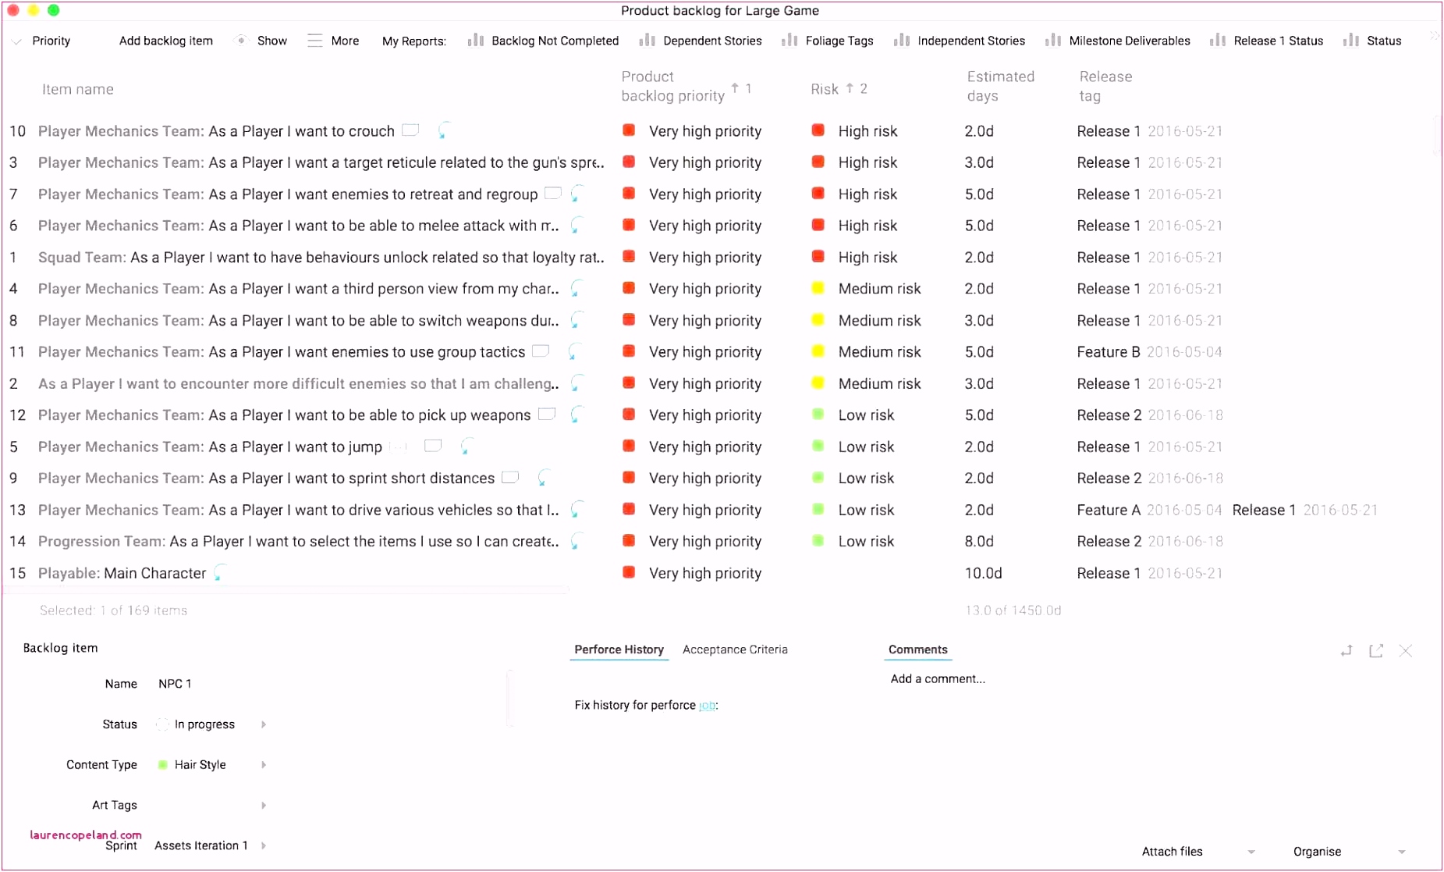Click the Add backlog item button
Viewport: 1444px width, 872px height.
point(165,41)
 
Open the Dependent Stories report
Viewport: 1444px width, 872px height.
point(711,41)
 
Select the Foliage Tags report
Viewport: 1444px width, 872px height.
point(839,41)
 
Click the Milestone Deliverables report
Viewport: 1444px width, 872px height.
point(1129,41)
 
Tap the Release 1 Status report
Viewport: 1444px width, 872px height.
point(1278,41)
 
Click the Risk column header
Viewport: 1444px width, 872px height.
point(824,89)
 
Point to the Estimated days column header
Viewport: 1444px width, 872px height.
point(1000,86)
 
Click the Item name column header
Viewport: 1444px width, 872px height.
point(77,89)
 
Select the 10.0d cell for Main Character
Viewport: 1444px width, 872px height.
point(983,573)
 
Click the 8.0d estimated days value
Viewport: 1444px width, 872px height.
point(979,541)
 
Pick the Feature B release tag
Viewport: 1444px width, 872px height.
point(1108,352)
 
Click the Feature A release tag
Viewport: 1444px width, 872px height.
point(1108,510)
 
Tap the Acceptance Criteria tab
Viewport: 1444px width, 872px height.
point(734,650)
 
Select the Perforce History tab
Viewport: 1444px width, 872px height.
point(619,650)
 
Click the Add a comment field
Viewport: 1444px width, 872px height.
point(938,679)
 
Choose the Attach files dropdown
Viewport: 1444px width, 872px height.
point(1197,852)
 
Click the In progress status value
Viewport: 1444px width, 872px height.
point(204,724)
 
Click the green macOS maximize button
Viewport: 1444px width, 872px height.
point(54,10)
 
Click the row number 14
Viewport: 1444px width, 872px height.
point(17,541)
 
